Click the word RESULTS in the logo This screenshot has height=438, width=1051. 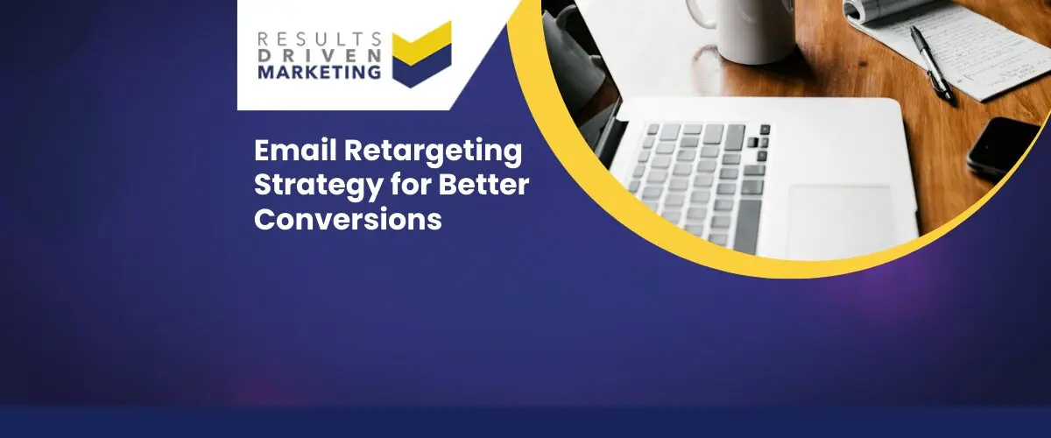pyautogui.click(x=320, y=39)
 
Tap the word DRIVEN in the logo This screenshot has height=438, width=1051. pyautogui.click(x=320, y=56)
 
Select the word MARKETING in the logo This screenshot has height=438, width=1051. pyautogui.click(x=320, y=73)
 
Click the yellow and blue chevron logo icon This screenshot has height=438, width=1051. pyautogui.click(x=422, y=54)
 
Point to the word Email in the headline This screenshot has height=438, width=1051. pyautogui.click(x=296, y=151)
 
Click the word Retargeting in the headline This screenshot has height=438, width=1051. pyautogui.click(x=433, y=152)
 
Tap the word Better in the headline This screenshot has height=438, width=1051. pyautogui.click(x=483, y=185)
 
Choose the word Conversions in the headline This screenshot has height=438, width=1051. pyautogui.click(x=349, y=219)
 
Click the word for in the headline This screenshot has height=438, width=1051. pyautogui.click(x=411, y=185)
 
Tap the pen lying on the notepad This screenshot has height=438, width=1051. pyautogui.click(x=932, y=63)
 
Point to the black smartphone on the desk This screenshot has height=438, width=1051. pyautogui.click(x=1002, y=146)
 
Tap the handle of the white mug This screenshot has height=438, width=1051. pyautogui.click(x=701, y=14)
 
